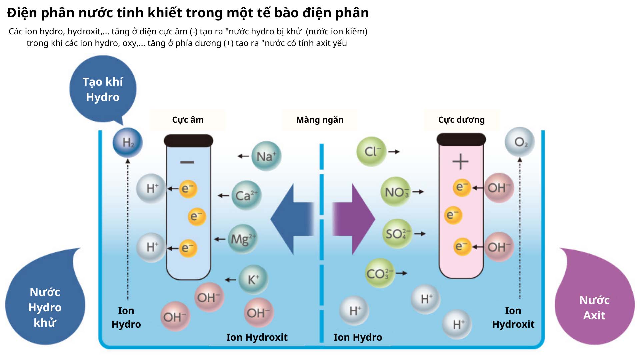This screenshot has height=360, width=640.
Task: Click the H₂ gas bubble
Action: coord(128,142)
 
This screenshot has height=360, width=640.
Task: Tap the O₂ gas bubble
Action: coord(520,142)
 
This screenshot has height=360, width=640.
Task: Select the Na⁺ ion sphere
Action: coord(266,156)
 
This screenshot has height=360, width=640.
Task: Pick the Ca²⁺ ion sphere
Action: coord(246,195)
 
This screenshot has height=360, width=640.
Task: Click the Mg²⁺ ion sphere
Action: coord(243,239)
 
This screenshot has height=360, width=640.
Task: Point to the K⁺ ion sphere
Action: coord(253,279)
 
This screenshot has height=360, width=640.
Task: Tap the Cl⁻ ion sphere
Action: coord(371,151)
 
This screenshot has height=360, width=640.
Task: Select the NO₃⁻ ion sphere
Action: coord(395,192)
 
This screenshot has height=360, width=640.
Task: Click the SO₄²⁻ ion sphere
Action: coord(397,234)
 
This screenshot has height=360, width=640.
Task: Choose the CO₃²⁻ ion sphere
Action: coord(380,273)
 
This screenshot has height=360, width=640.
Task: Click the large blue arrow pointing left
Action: coord(292,219)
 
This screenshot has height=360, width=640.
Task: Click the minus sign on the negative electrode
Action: coord(187,162)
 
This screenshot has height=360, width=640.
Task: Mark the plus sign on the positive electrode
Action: coord(460,162)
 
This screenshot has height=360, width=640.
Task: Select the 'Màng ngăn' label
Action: coord(320,120)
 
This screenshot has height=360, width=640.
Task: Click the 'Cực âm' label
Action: coord(188,120)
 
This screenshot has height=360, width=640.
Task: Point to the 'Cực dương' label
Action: coord(461,120)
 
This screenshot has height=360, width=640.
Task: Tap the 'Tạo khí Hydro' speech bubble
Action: coord(103,89)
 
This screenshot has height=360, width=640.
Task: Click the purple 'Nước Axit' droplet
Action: coord(594,307)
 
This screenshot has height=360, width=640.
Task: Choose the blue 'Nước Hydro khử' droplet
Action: coord(45,307)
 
